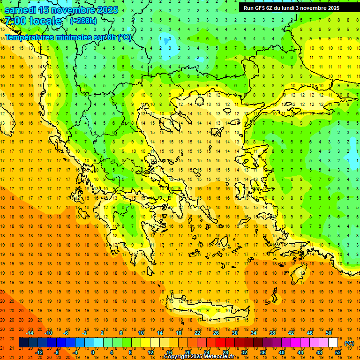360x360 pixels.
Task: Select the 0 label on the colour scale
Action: (x=93, y=352)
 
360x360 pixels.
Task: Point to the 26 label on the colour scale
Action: (x=216, y=333)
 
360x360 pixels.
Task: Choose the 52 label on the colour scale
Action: (x=338, y=352)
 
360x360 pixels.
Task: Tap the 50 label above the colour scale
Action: (x=329, y=333)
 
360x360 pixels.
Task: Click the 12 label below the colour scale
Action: (x=150, y=352)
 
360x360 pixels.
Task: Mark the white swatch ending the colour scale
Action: (x=333, y=343)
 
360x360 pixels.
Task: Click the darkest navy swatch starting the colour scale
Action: (x=23, y=343)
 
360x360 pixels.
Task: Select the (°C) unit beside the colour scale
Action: (x=349, y=343)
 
